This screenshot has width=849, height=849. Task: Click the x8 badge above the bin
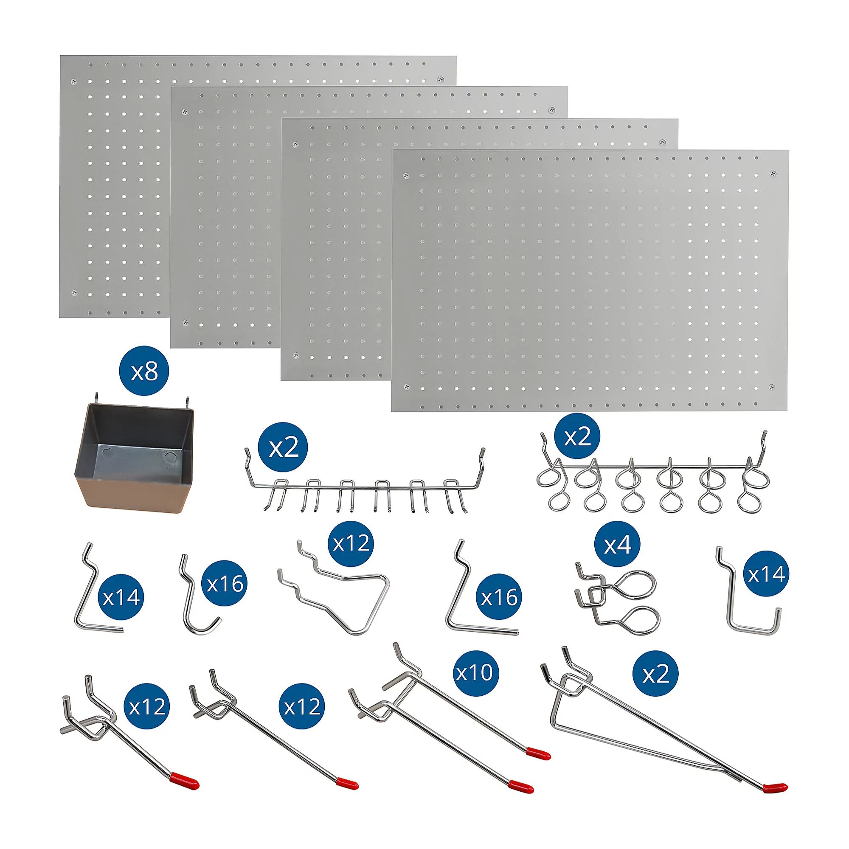pos(144,373)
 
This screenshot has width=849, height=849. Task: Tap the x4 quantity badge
pos(617,545)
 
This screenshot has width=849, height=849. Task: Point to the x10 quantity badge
pos(474,673)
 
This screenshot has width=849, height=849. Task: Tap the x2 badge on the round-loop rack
pos(577,437)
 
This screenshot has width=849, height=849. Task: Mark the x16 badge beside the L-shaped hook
pos(499,597)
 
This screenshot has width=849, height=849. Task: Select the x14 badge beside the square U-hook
pos(766,573)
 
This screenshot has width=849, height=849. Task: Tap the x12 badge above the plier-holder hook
pos(351,544)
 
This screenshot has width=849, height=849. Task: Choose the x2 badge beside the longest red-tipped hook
pos(655,673)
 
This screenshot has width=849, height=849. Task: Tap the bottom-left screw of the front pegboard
pos(407,387)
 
